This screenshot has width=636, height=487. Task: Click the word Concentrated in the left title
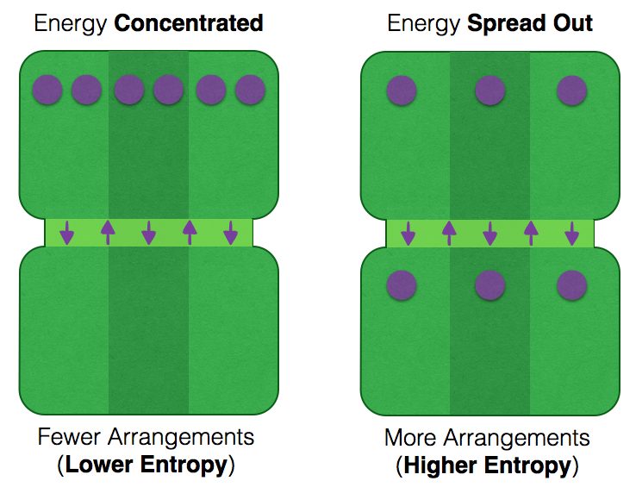coord(188,23)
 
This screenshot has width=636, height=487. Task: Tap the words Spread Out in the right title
coord(529,23)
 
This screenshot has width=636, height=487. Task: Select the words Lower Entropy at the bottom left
coord(147,465)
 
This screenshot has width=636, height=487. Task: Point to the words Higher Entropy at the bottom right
coord(487,465)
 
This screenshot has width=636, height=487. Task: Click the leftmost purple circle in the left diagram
coord(47,90)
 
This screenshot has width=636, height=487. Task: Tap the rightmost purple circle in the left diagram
coord(250,90)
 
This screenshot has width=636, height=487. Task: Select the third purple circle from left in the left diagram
coord(128,90)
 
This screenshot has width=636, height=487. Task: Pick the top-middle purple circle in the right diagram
coord(489,90)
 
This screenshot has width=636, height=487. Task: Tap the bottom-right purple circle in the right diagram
coord(572,284)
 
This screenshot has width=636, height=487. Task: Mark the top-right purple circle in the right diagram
coord(572,90)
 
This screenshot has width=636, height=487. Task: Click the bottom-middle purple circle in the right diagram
coord(489,284)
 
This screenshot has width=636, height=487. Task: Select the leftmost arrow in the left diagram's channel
coord(66,233)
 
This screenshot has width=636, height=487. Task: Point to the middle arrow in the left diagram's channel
coord(148,233)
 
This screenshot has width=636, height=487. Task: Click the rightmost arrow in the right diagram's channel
coord(571,233)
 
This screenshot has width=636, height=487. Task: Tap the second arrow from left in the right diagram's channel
coord(448,233)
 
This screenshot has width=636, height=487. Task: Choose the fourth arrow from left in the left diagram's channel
coord(190,233)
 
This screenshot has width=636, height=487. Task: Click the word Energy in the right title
coord(424,23)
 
